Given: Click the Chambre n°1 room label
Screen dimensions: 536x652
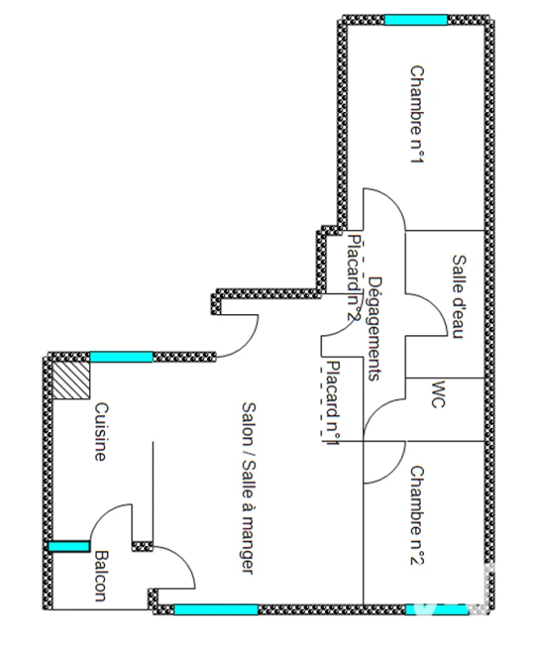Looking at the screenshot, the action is [417, 115].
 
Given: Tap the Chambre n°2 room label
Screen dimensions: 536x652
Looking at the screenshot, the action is [417, 515].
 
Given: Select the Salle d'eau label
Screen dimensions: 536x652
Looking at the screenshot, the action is [459, 297].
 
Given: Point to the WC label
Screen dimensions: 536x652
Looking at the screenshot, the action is [438, 395].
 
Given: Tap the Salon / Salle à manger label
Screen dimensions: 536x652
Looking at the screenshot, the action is [248, 488].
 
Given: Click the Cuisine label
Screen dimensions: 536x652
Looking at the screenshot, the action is [101, 431].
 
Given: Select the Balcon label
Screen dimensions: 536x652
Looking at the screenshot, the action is [101, 576].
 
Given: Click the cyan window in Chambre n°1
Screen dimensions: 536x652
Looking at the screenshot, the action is [416, 20].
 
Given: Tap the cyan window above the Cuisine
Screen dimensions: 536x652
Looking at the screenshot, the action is [121, 357].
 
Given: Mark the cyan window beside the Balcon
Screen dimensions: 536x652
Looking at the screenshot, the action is [69, 547].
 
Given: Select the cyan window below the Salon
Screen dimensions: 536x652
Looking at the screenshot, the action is [216, 610].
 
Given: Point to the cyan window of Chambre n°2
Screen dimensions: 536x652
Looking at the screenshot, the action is [437, 610].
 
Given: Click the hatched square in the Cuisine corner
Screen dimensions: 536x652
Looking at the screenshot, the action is [71, 380].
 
